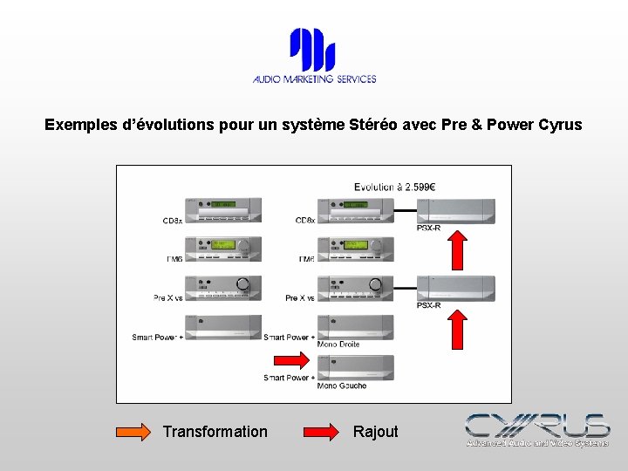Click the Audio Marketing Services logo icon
coord(312,50)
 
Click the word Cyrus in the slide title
coord(560,125)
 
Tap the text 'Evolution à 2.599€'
coord(394,186)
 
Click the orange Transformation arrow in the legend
coord(133,432)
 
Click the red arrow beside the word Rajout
coord(323,432)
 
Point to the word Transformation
coord(215,432)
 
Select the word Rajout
coord(375,432)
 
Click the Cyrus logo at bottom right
coord(536,430)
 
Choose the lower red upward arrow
coord(456,329)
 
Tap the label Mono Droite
coord(338,345)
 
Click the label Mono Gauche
coord(341,386)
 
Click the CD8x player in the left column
coord(223,210)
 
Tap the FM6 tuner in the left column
coord(223,249)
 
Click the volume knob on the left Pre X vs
coord(243,283)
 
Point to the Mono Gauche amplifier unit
coord(355,367)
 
